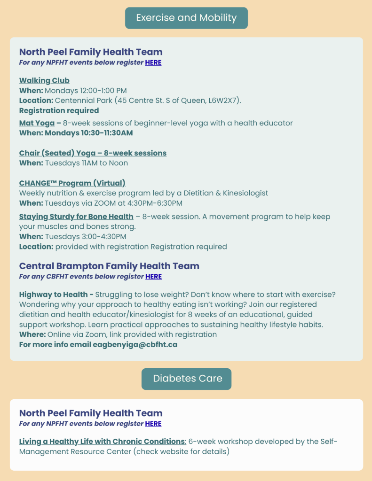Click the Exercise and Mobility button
186,18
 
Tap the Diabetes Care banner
186,379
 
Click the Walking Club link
44,80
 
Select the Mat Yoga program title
37,123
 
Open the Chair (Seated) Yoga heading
93,153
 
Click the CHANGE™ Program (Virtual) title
72,183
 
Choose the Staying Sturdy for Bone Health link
76,217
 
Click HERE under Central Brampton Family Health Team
153,277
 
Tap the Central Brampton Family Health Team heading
109,266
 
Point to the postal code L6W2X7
224,101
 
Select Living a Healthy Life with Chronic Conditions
102,442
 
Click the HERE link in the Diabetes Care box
153,424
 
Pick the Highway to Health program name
53,295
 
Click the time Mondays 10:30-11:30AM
89,133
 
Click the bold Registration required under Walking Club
59,110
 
